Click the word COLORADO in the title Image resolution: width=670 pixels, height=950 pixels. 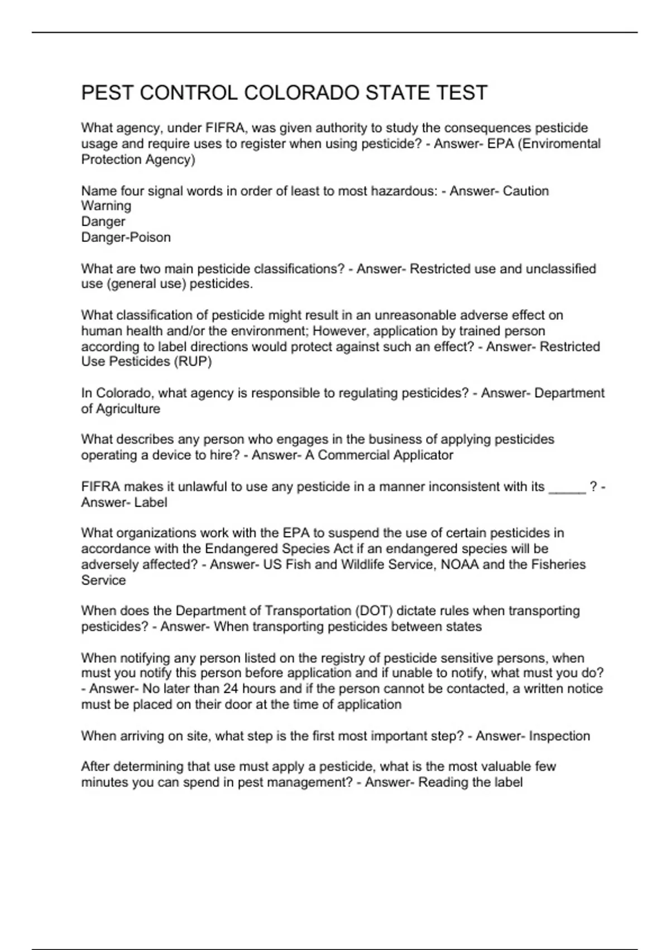(x=302, y=93)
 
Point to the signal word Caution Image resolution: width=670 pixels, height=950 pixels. (x=525, y=191)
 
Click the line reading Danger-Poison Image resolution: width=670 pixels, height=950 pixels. (x=126, y=237)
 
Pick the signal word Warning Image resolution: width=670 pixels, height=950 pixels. (x=106, y=206)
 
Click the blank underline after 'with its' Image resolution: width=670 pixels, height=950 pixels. (x=567, y=487)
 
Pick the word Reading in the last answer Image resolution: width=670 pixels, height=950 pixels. (x=442, y=782)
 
